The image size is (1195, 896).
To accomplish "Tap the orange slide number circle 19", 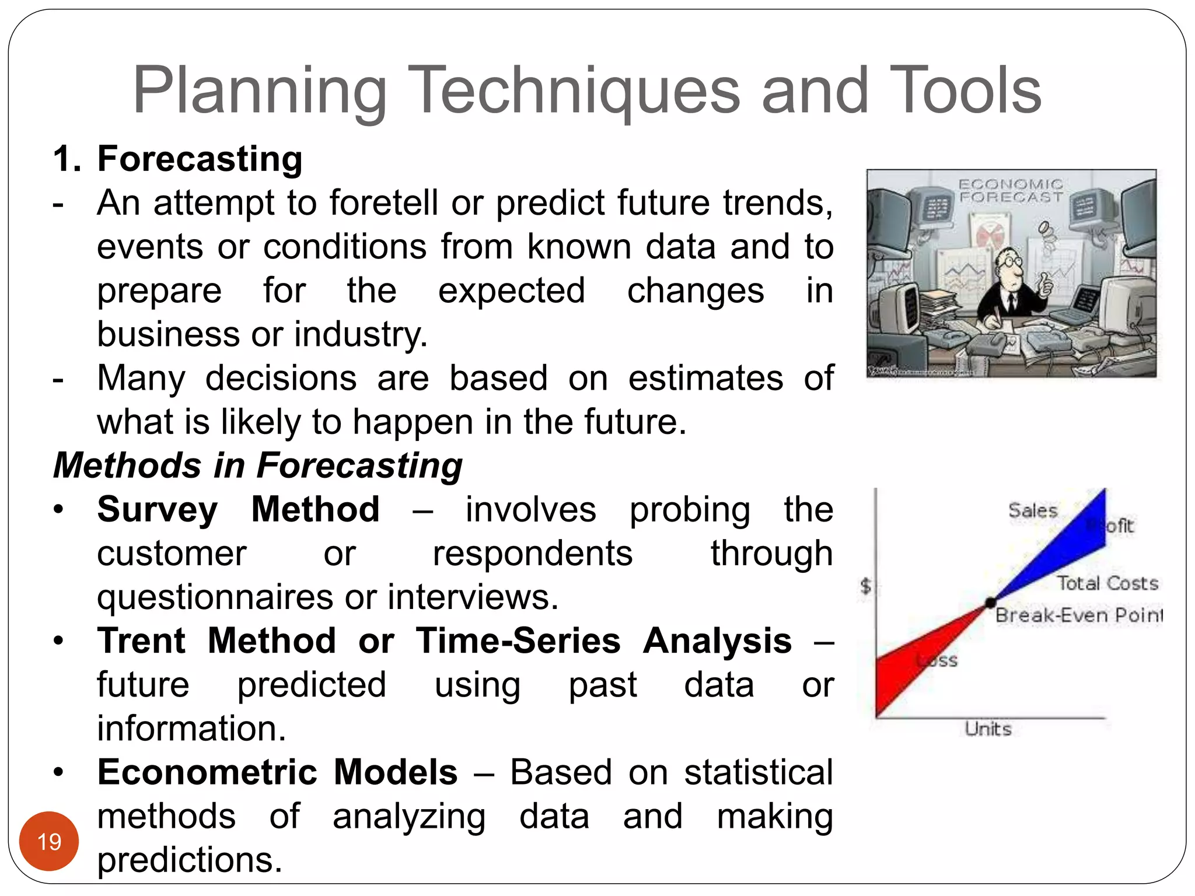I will [49, 841].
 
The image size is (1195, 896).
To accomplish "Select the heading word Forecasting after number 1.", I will [200, 159].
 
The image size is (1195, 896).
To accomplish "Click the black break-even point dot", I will [990, 603].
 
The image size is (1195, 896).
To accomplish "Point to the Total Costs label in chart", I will [1107, 583].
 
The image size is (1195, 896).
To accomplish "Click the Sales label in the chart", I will [1033, 510].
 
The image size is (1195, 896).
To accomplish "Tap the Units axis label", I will [988, 729].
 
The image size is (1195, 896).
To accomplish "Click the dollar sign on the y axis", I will [866, 586].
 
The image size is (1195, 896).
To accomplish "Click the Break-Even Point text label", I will [1078, 615].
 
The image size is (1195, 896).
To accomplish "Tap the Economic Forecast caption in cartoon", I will [1011, 191].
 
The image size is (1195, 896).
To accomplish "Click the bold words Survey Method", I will [238, 509].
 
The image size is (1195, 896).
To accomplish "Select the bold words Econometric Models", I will [277, 772].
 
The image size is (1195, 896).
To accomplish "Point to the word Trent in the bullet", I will [141, 640].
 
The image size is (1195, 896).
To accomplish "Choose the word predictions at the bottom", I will [190, 860].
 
